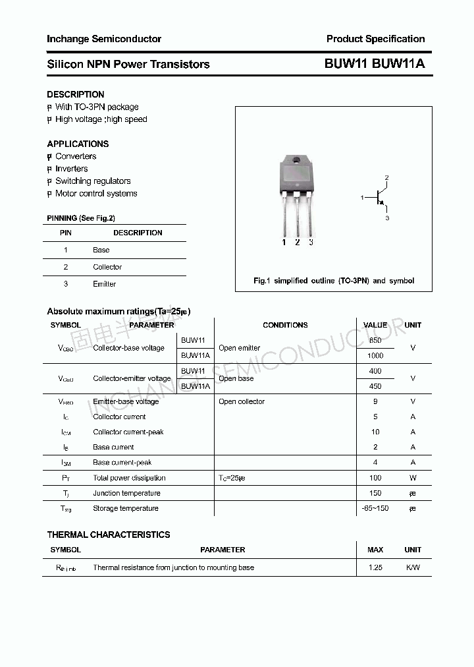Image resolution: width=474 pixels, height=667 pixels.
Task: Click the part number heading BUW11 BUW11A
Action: pos(375,64)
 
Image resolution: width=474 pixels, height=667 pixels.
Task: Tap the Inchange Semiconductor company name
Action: pos(104,39)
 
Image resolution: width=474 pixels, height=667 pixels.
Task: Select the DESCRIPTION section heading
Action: pos(76,94)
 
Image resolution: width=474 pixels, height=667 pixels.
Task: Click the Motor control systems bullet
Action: pos(96,194)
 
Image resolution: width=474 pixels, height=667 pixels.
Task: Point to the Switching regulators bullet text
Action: pos(93,181)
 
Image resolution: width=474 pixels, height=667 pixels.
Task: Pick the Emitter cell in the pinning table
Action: pos(104,284)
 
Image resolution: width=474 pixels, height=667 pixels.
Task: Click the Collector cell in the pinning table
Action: pos(107,267)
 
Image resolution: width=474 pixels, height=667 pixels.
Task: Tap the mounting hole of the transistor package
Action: pos(296,161)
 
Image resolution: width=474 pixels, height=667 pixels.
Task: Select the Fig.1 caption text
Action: pos(334,281)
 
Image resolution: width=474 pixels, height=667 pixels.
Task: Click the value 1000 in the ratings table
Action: pos(375,355)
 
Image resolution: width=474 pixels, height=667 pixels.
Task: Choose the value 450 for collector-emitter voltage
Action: pos(375,386)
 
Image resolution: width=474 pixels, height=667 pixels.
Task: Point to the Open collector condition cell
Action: pos(242,401)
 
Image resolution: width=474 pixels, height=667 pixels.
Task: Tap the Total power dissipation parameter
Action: pos(129,478)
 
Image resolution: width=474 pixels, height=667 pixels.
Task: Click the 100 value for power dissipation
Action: pos(375,478)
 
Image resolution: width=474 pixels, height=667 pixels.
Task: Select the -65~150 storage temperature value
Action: pos(375,508)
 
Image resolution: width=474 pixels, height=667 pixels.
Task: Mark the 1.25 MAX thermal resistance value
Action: pos(375,567)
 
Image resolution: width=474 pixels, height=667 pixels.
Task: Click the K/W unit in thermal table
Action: pos(413,567)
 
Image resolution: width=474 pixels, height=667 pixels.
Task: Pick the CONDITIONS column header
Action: pos(285,325)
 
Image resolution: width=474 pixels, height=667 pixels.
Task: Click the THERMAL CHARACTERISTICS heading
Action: pos(109,535)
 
